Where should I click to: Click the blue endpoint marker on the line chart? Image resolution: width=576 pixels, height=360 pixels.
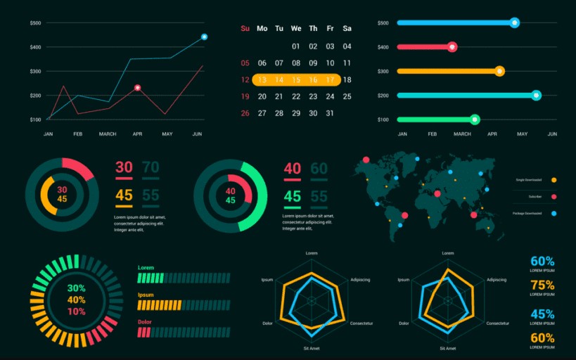point(204,37)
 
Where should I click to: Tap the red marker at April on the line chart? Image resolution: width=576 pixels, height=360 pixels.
point(138,88)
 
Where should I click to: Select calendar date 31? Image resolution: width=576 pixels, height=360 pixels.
point(330,113)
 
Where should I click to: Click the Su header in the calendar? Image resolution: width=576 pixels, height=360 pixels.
point(245,29)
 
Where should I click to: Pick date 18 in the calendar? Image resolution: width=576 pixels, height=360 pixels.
point(347,80)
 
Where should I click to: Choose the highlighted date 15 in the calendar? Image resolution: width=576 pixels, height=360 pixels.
point(296,80)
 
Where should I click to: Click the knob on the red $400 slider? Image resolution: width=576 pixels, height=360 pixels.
point(452,47)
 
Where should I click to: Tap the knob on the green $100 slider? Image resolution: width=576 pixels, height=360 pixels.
point(475,120)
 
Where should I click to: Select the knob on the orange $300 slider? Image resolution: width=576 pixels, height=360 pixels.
point(499,71)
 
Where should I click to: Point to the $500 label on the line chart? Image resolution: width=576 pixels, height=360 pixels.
point(35,23)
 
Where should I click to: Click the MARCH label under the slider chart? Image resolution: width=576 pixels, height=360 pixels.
point(462,134)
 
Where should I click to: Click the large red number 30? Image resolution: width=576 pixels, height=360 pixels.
point(124,167)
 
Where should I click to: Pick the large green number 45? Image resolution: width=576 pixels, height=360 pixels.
point(293,196)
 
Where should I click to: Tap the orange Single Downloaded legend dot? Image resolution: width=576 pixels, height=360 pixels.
point(554,181)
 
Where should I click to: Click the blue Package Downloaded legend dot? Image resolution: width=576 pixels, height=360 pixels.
point(554,213)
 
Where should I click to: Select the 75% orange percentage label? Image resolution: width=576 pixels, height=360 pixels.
point(542,285)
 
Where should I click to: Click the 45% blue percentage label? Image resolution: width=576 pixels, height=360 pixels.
point(542,314)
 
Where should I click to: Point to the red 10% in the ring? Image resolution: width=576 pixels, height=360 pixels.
point(77,311)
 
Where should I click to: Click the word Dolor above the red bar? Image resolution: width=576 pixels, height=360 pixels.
point(144,322)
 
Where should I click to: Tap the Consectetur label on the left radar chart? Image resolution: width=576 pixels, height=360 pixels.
point(361,323)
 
